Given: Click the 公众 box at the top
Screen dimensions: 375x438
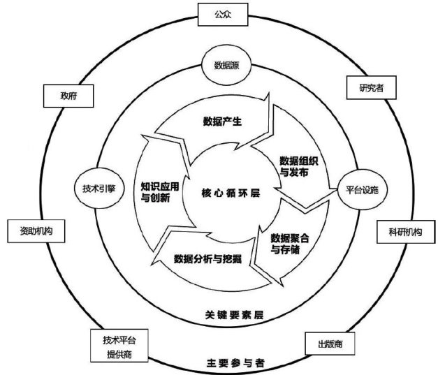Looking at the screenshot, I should coord(218,13).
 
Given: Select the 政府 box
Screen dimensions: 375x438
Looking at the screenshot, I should coord(68,96).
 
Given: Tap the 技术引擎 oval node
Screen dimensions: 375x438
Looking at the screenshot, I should coord(98,188).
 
